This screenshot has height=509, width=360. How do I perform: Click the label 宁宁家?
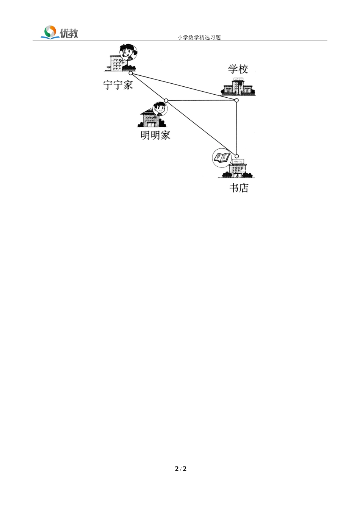118,85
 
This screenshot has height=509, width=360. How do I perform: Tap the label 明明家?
155,135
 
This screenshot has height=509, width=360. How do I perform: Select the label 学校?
238,69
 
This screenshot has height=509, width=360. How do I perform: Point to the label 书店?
239,188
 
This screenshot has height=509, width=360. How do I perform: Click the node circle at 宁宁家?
131,73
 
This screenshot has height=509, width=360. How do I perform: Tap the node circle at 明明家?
166,100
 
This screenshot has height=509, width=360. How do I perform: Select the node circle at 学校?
236,100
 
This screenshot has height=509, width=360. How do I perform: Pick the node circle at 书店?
237,156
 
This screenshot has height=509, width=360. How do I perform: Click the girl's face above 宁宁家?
128,52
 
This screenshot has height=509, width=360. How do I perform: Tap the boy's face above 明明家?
159,109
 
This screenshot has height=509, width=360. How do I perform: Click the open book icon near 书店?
221,157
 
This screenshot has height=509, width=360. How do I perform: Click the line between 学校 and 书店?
236,129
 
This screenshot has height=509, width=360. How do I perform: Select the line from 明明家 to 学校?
201,100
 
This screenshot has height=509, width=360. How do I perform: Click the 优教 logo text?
69,33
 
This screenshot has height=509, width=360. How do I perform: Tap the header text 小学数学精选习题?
199,37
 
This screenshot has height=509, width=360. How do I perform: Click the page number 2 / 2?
181,469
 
